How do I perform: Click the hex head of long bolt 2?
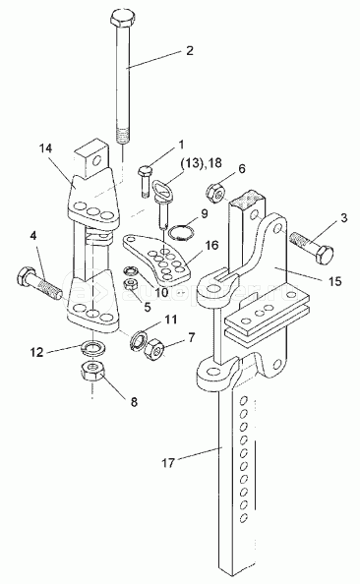(123, 19)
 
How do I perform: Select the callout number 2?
(190, 51)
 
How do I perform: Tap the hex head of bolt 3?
(325, 255)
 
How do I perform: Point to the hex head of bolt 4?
(25, 276)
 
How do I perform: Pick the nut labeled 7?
(155, 349)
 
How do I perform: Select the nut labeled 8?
(93, 372)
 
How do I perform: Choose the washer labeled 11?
(137, 338)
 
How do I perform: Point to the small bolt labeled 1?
(144, 181)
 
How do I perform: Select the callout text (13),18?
(201, 163)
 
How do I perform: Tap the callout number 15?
(335, 281)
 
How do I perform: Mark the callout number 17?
(168, 463)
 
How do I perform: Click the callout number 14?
(46, 148)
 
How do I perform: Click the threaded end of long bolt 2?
(123, 135)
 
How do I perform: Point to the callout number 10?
(161, 292)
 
